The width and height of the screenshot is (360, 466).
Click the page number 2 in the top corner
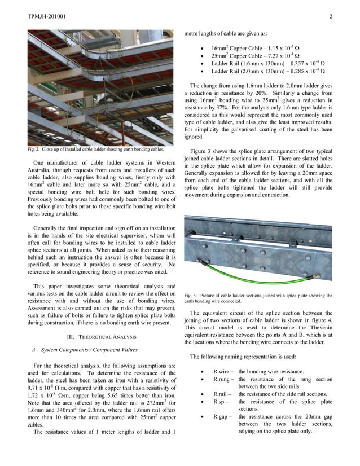point(331,16)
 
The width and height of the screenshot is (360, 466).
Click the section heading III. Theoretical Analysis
point(102,337)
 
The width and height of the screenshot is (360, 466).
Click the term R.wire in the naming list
point(223,372)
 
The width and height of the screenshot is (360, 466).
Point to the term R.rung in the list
point(223,380)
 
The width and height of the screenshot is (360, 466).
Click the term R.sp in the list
point(221,402)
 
